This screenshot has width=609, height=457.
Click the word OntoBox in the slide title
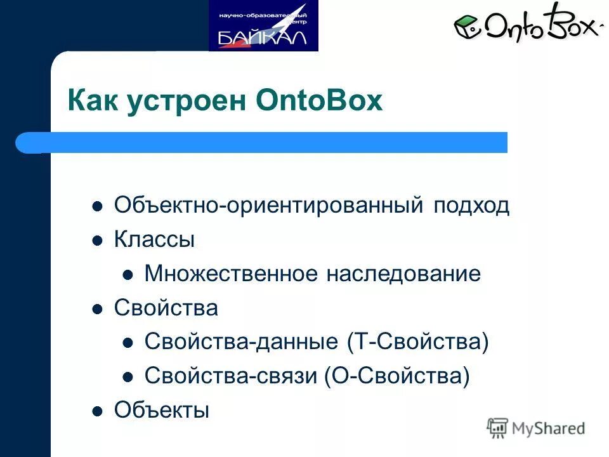[320, 102]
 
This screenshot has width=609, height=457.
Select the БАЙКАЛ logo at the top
[263, 26]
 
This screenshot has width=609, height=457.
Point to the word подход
[472, 206]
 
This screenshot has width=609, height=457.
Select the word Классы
[154, 240]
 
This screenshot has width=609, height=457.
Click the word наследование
[403, 274]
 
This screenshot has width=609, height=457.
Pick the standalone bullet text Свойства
[166, 308]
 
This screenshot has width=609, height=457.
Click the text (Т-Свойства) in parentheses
[417, 343]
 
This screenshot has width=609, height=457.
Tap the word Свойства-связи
[231, 377]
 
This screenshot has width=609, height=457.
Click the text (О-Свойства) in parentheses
[397, 377]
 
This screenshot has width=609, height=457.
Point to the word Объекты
[161, 411]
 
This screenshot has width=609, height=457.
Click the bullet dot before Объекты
[97, 412]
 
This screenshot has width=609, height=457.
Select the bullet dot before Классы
[97, 241]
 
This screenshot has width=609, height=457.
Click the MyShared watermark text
[548, 428]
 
